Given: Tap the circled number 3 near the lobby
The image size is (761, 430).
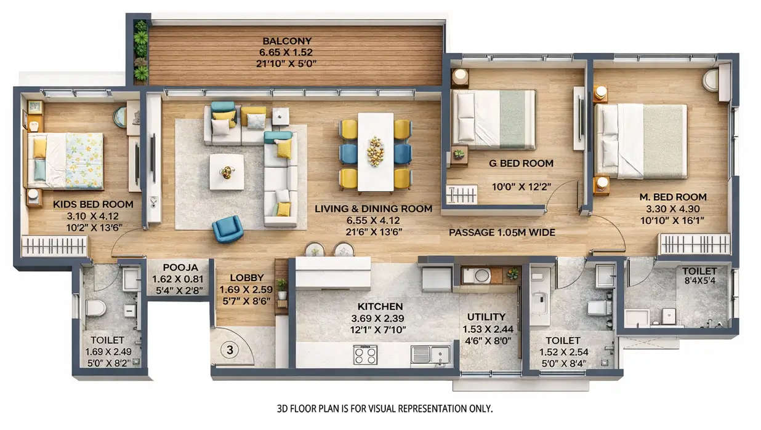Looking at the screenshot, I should pyautogui.click(x=229, y=351).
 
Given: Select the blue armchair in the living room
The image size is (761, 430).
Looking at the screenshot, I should pyautogui.click(x=227, y=229).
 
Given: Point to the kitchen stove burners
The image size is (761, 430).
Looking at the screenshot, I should pyautogui.click(x=365, y=355).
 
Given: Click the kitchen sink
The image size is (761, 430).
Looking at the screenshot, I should pyautogui.click(x=430, y=354).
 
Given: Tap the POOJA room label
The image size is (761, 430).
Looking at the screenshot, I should pyautogui.click(x=180, y=268).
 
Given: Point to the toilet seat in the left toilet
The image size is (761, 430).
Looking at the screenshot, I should pyautogui.click(x=95, y=307).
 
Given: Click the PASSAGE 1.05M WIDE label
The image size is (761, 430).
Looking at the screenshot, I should pyautogui.click(x=502, y=233).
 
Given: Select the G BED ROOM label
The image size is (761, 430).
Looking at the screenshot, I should pyautogui.click(x=521, y=164).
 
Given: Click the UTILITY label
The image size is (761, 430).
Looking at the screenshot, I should pyautogui.click(x=486, y=317).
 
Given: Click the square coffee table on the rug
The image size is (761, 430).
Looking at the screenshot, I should pyautogui.click(x=226, y=172).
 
